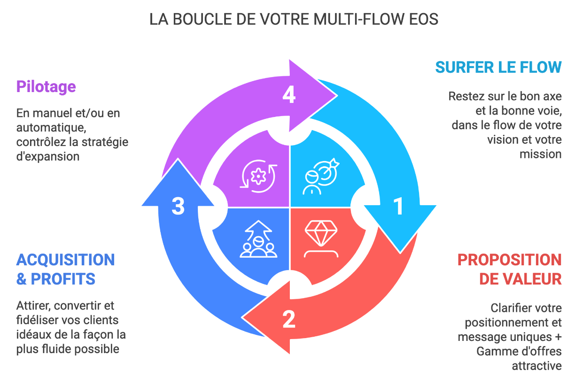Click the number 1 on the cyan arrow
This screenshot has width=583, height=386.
[x=398, y=206]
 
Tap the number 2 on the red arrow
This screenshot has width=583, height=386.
[x=289, y=319]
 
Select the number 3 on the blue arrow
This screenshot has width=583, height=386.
[x=178, y=206]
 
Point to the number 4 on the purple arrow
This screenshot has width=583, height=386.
[x=289, y=95]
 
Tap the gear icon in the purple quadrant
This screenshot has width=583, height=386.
[x=258, y=176]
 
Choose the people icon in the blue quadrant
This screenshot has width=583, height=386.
[x=258, y=239]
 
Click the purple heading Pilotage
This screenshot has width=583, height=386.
[x=46, y=86]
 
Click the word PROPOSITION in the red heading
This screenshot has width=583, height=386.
[x=509, y=260]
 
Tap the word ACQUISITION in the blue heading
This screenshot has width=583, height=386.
[x=66, y=260]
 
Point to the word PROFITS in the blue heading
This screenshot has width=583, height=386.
[x=63, y=279]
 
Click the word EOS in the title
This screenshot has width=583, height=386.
[x=424, y=19]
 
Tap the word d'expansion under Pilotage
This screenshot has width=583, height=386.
[x=47, y=156]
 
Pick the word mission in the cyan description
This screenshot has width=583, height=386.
[x=540, y=154]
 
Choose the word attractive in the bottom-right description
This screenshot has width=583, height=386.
[x=536, y=365]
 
